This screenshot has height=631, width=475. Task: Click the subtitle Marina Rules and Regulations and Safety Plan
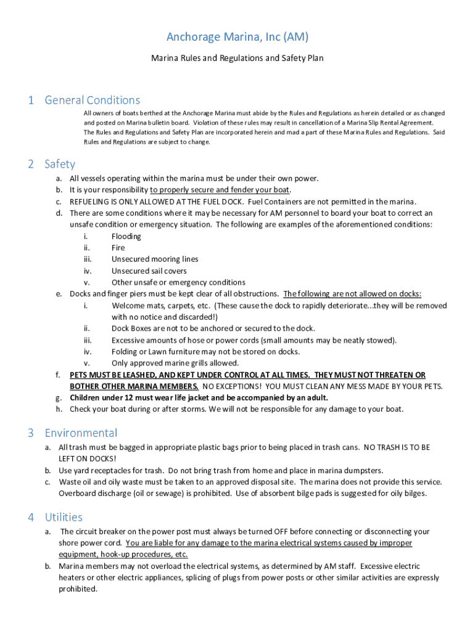(x=238, y=59)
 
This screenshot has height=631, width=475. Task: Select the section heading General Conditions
(x=93, y=100)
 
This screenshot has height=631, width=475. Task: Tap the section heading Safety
(x=60, y=164)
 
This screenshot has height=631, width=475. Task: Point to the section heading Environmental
(x=81, y=433)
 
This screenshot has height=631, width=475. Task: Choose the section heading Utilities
(x=64, y=517)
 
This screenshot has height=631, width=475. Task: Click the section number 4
(x=30, y=517)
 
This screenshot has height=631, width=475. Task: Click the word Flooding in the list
(x=126, y=236)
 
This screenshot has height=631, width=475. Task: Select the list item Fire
(x=118, y=248)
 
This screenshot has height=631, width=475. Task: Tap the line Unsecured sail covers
(x=149, y=271)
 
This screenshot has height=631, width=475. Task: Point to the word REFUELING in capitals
(x=91, y=202)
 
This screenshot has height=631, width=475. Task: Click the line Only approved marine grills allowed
(x=175, y=363)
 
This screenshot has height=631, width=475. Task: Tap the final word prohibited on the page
(x=78, y=588)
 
